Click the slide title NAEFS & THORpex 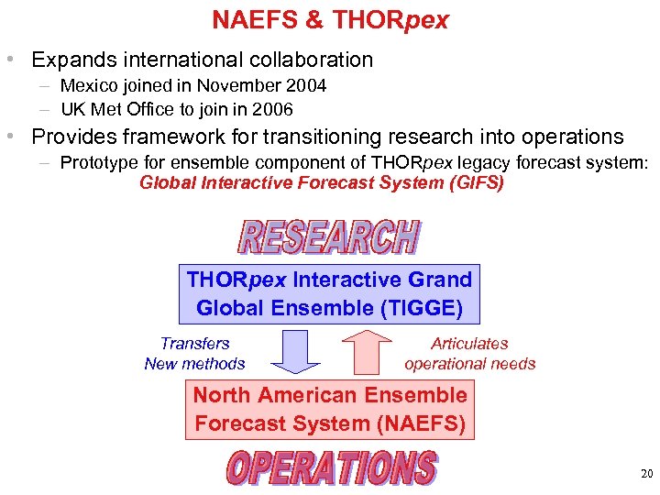click(330, 19)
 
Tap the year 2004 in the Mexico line click(306, 86)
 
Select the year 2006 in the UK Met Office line click(272, 110)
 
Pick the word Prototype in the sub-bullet click(100, 163)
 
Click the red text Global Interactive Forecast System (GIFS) click(321, 182)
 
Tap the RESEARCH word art click(328, 236)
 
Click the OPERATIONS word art click(331, 468)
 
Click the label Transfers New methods click(194, 353)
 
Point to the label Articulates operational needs click(469, 353)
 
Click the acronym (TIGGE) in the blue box click(421, 308)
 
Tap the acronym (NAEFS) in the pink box click(421, 423)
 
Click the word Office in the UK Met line click(171, 110)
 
